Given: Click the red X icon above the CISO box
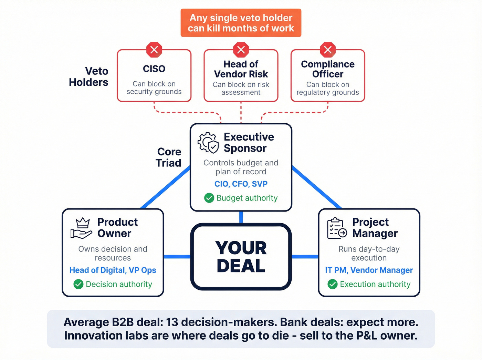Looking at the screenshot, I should [x=154, y=50].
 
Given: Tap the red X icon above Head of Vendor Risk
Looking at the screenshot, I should [x=241, y=50].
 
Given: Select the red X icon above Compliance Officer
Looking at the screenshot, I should [x=328, y=50].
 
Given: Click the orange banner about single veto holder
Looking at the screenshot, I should [x=241, y=23].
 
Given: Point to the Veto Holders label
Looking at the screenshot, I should [x=89, y=76].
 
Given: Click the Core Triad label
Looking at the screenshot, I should [x=168, y=157].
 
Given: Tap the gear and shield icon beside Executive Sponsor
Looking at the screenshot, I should [x=208, y=142].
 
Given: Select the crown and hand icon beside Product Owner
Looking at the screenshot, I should [x=81, y=228].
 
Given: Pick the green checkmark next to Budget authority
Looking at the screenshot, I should [x=209, y=198].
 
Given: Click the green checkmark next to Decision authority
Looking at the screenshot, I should [x=78, y=284].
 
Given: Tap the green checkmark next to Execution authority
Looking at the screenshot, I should [x=333, y=284].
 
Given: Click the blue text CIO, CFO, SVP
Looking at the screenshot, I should [x=241, y=184].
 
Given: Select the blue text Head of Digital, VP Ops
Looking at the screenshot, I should [x=113, y=270].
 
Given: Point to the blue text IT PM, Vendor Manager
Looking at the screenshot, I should [x=369, y=270].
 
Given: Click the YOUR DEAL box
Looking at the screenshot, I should [x=241, y=257].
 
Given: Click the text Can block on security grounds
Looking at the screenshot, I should [x=154, y=88].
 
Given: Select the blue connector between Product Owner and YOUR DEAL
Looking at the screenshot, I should [x=177, y=257].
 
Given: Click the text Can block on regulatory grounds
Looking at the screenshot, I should [x=328, y=89].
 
